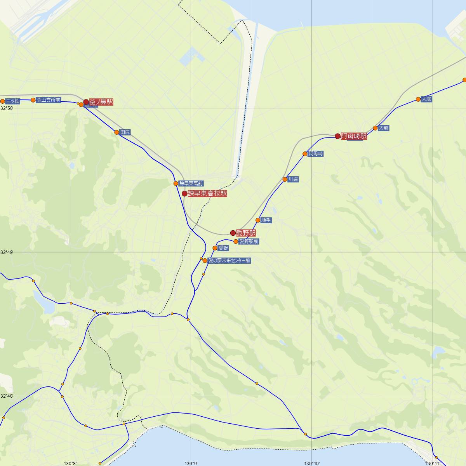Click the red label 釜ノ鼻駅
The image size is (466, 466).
[101, 102]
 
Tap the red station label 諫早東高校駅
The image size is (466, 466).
[207, 193]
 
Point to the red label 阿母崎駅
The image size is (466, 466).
[353, 136]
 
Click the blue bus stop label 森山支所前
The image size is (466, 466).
[49, 100]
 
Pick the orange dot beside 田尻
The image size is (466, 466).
[116, 132]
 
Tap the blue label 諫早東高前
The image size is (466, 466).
[191, 184]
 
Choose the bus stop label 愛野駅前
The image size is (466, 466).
[249, 242]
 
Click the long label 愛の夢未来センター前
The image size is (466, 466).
[229, 261]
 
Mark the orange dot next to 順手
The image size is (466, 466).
[258, 220]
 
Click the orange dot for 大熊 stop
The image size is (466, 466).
[376, 128]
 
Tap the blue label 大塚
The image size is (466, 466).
[426, 99]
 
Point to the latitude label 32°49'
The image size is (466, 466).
[7, 252]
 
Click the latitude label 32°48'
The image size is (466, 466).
[7, 396]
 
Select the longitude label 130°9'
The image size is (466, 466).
[191, 463]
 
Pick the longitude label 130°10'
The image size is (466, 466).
[312, 463]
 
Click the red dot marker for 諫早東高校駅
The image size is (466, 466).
[184, 193]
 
